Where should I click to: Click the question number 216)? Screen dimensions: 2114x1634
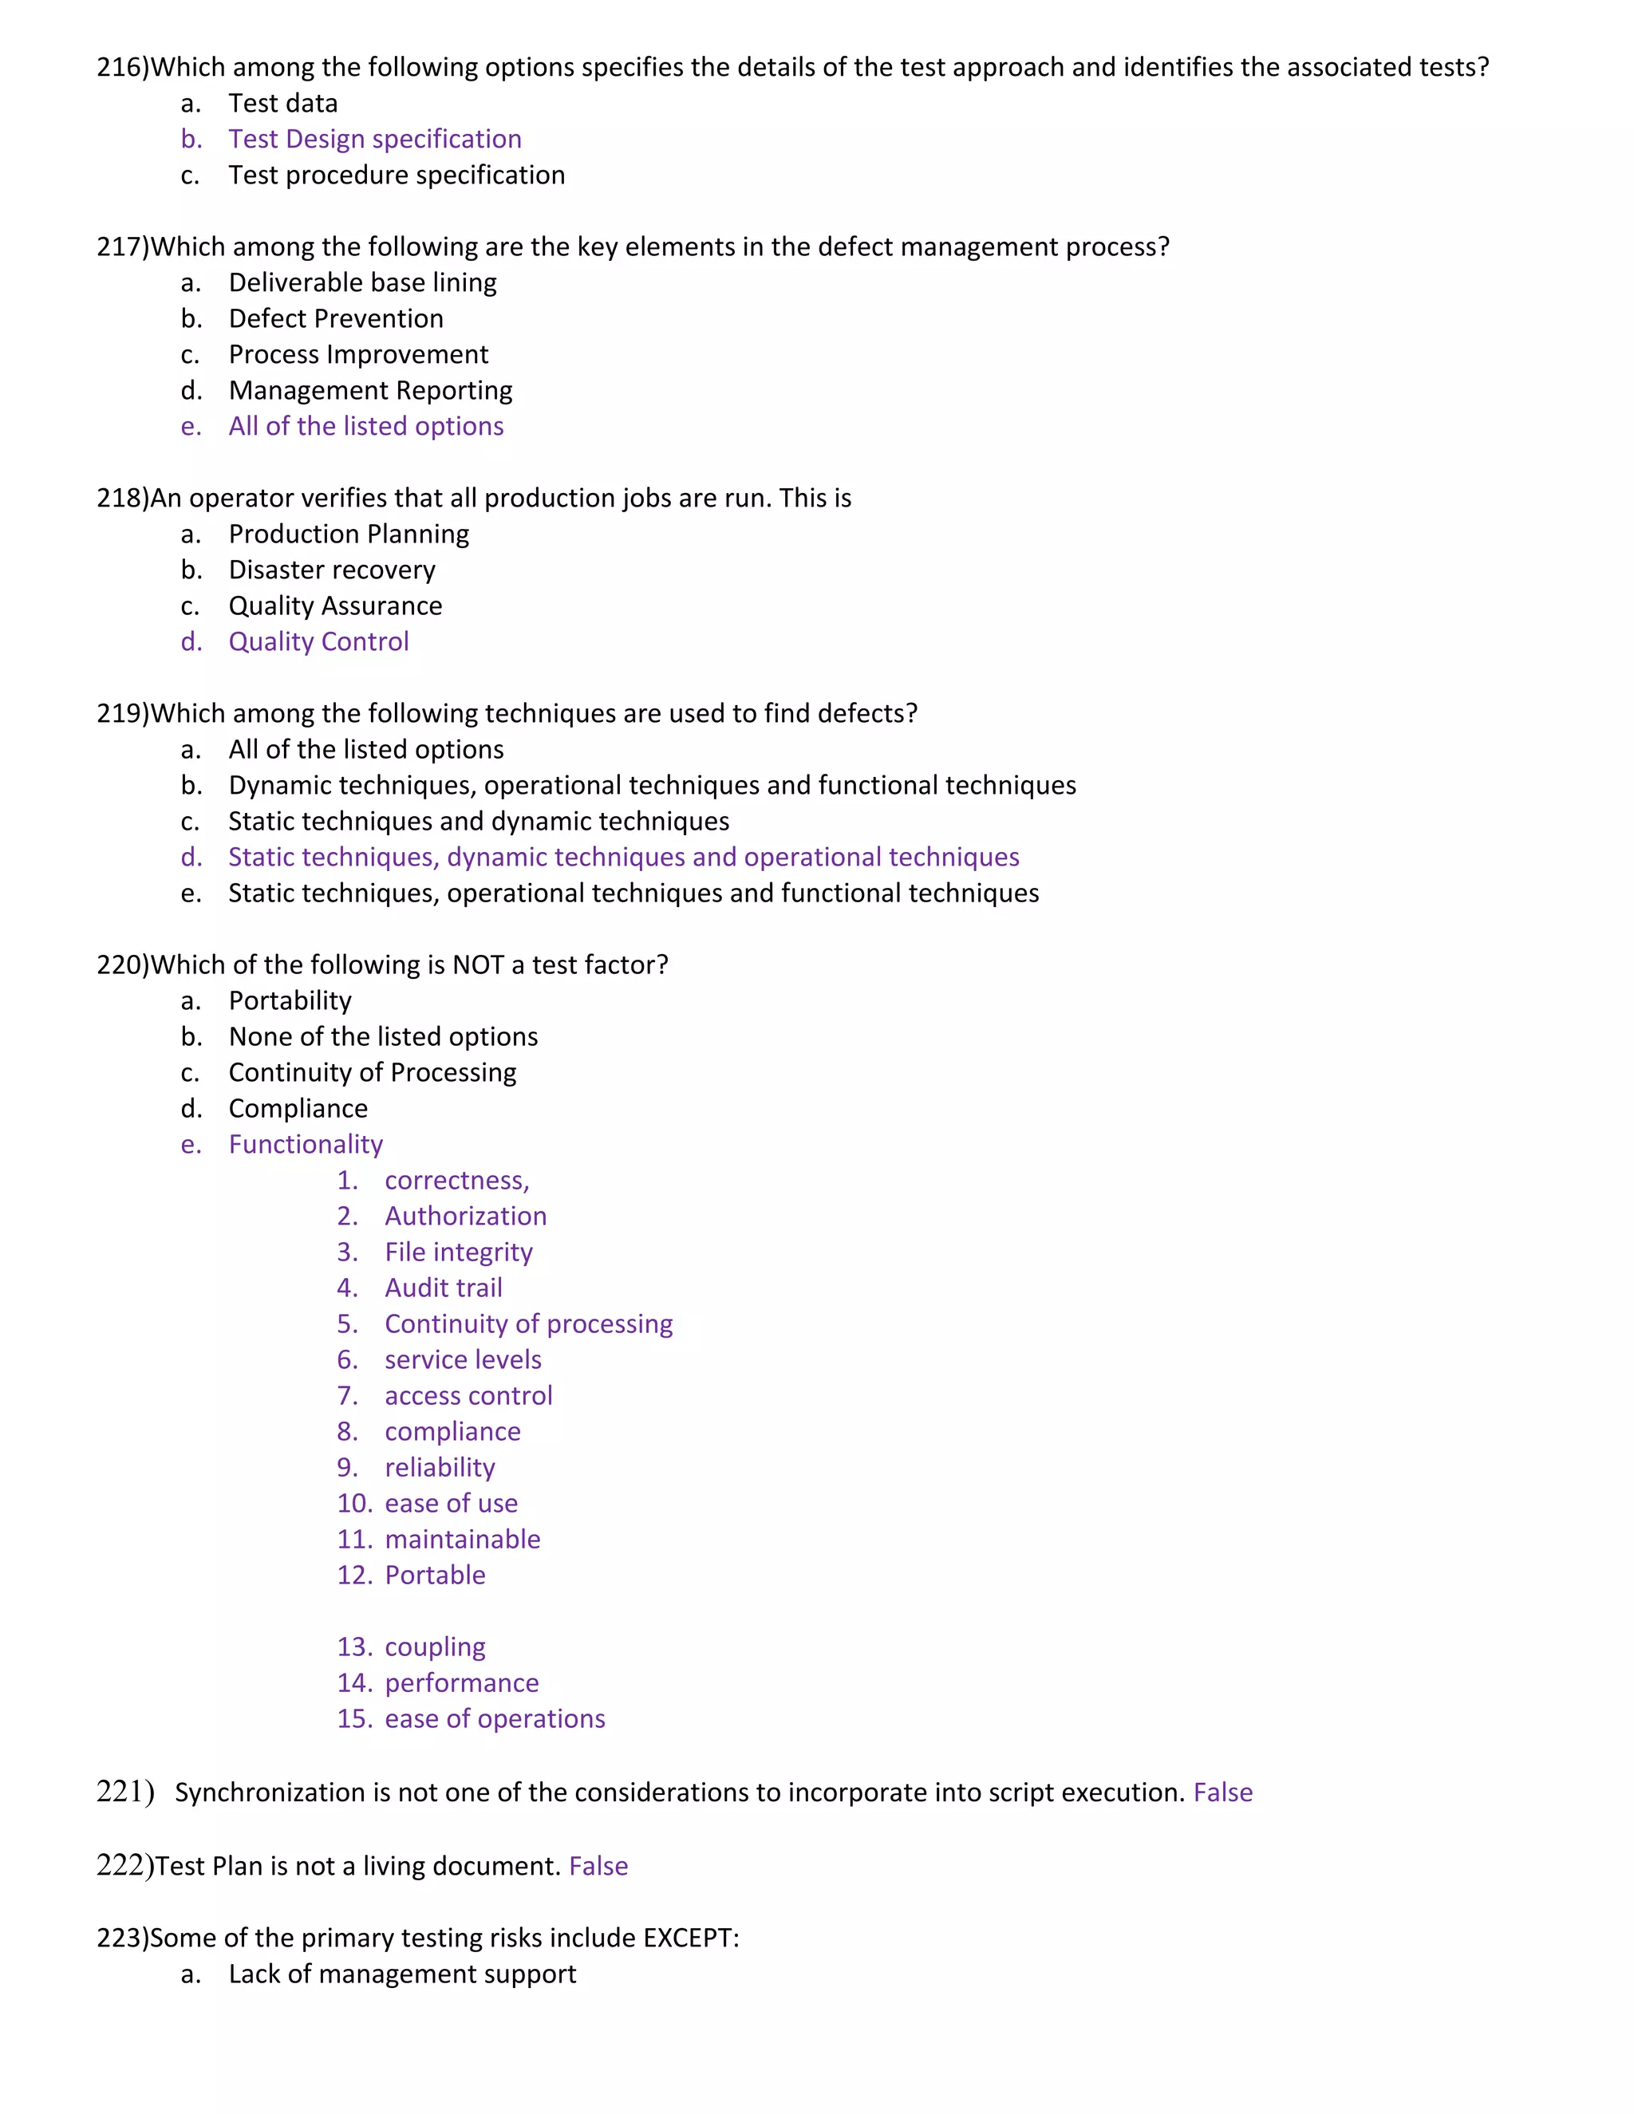pos(123,68)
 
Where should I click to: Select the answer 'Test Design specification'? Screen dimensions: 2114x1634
pos(375,140)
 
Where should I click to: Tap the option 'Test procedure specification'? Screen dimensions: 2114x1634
pos(396,176)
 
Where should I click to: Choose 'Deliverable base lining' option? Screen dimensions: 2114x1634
pos(362,282)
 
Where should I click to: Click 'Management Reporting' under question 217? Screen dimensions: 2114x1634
pos(369,390)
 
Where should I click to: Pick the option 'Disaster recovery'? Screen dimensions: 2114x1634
pos(331,570)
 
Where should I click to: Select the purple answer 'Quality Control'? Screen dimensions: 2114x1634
pos(318,641)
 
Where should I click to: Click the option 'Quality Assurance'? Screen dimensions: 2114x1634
pos(335,606)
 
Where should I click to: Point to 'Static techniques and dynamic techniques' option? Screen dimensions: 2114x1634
pos(478,821)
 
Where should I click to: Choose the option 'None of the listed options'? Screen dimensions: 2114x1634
pos(382,1037)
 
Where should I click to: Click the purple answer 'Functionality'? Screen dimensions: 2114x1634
pos(305,1144)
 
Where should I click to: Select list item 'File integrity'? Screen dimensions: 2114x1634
pos(458,1252)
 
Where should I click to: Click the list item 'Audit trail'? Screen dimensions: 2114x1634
pos(444,1288)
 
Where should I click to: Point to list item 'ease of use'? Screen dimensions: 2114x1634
pos(451,1503)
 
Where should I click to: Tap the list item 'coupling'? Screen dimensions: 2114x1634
pos(435,1647)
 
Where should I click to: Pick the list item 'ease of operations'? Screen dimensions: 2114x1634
pos(495,1718)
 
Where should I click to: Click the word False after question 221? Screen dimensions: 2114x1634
pos(1222,1793)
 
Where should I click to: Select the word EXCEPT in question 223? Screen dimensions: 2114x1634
pos(689,1938)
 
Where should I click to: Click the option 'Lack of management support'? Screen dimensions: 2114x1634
pos(402,1974)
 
